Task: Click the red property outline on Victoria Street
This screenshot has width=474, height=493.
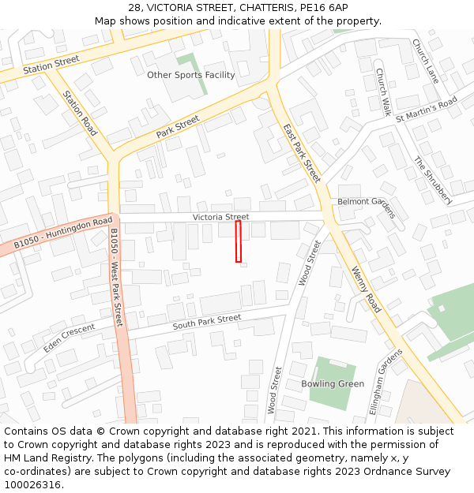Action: tap(239, 241)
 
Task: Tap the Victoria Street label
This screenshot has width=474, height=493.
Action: tap(220, 217)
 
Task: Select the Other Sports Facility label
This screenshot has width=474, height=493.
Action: tap(191, 75)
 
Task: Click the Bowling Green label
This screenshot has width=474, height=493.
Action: tap(333, 384)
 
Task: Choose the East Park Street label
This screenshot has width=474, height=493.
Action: tap(302, 153)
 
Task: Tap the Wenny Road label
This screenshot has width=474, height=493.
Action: tap(367, 290)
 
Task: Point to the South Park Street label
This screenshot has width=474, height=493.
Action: tap(207, 322)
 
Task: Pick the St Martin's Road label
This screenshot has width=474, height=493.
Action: tap(427, 109)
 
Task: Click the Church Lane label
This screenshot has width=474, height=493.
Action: tap(425, 62)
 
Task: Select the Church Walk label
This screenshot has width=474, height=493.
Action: tap(383, 92)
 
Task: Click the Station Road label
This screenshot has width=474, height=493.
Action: tap(80, 113)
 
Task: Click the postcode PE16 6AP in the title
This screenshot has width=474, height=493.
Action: tap(324, 8)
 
